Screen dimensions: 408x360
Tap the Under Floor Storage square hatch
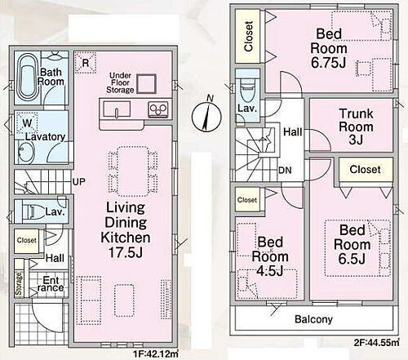[x=146, y=84]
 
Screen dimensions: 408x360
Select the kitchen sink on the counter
[x=118, y=109]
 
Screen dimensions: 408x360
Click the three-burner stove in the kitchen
[x=157, y=109]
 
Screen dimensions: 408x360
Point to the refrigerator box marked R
[x=86, y=63]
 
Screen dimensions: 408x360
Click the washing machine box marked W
[x=27, y=123]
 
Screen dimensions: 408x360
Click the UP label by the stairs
[x=79, y=181]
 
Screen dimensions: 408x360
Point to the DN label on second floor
[x=285, y=171]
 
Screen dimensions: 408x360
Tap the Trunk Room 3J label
[x=356, y=127]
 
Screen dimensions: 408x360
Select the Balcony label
[x=313, y=319]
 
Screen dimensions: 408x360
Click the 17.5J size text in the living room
[x=126, y=252]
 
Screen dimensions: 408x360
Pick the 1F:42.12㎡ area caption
[x=156, y=354]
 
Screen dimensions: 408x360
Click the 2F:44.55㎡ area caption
[x=376, y=342]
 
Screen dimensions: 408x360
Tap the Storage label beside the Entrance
[x=19, y=283]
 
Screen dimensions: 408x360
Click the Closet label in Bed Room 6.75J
[x=249, y=36]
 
